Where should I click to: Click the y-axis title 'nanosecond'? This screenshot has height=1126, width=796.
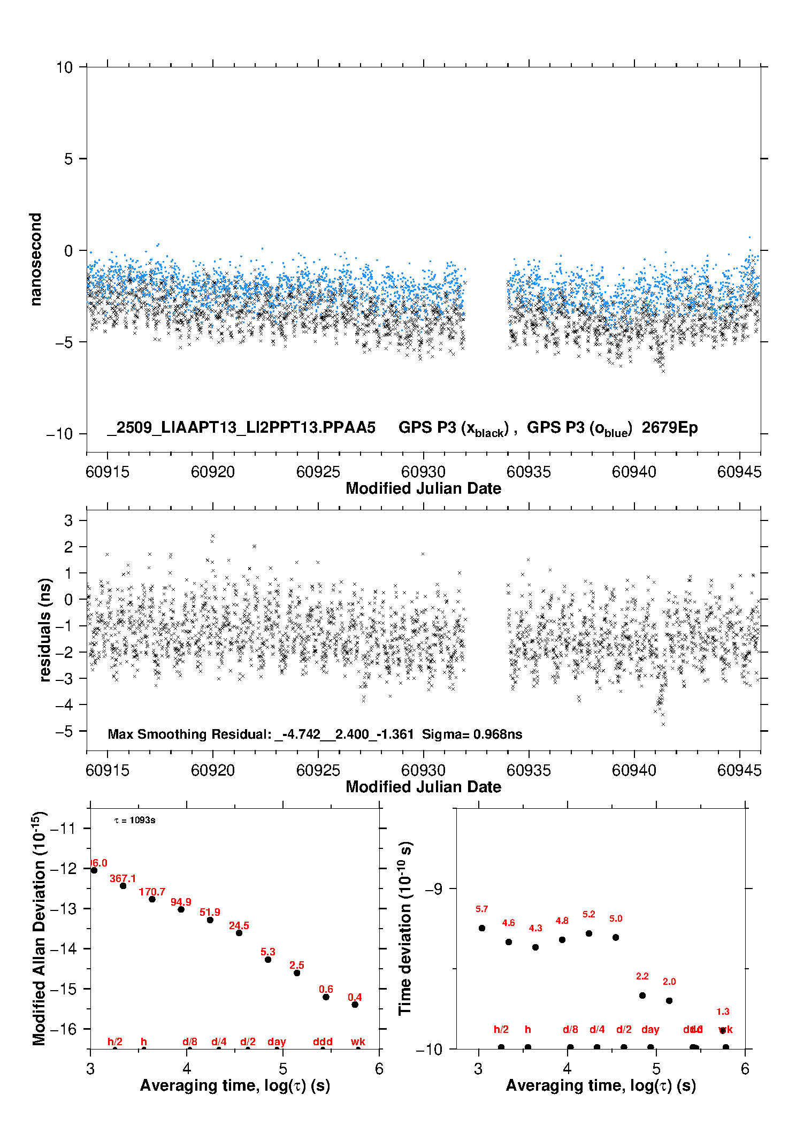pyautogui.click(x=36, y=259)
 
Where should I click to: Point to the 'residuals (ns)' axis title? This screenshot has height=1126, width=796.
pyautogui.click(x=45, y=630)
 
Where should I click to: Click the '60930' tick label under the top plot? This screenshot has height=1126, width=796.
pyautogui.click(x=423, y=472)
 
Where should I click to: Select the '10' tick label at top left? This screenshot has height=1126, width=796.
pyautogui.click(x=64, y=67)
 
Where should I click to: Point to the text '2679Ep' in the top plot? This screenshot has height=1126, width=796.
pyautogui.click(x=669, y=428)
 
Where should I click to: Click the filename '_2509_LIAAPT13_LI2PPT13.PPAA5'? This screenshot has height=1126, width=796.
pyautogui.click(x=241, y=428)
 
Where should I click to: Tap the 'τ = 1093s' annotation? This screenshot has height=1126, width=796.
pyautogui.click(x=135, y=821)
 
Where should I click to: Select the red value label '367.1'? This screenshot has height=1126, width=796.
pyautogui.click(x=123, y=878)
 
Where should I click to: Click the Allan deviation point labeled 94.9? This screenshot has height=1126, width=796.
pyautogui.click(x=181, y=909)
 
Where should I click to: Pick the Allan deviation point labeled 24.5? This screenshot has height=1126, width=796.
pyautogui.click(x=239, y=933)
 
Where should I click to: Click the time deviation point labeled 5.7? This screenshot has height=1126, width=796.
pyautogui.click(x=482, y=928)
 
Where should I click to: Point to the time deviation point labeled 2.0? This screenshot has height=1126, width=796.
pyautogui.click(x=669, y=1001)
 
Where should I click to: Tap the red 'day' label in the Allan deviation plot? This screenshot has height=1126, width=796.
pyautogui.click(x=277, y=1041)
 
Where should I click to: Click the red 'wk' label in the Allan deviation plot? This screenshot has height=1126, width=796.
pyautogui.click(x=358, y=1041)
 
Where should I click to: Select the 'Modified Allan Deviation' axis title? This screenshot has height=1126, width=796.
pyautogui.click(x=39, y=929)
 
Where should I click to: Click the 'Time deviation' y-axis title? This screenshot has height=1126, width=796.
pyautogui.click(x=405, y=929)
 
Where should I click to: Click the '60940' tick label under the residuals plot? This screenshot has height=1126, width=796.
pyautogui.click(x=634, y=770)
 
